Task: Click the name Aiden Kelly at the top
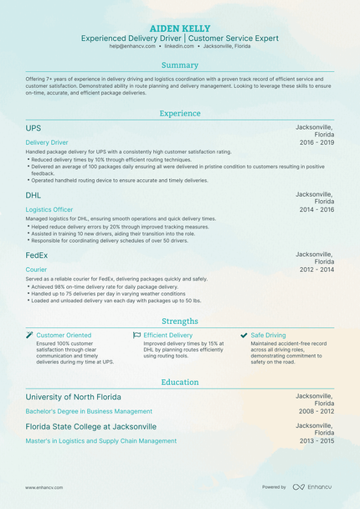[x=179, y=28]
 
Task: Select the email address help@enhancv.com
[x=130, y=47]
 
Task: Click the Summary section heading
[x=179, y=65]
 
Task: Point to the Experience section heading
[x=179, y=113]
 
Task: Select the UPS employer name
[x=33, y=128]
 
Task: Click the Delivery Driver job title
[x=47, y=142]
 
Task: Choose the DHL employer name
[x=34, y=194]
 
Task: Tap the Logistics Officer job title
[x=49, y=209]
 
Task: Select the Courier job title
[x=36, y=270]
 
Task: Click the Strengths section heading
[x=179, y=321]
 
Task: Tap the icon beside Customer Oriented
[x=29, y=335]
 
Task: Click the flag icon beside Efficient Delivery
[x=136, y=335]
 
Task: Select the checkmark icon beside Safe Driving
[x=244, y=335]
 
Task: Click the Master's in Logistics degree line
[x=100, y=440]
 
